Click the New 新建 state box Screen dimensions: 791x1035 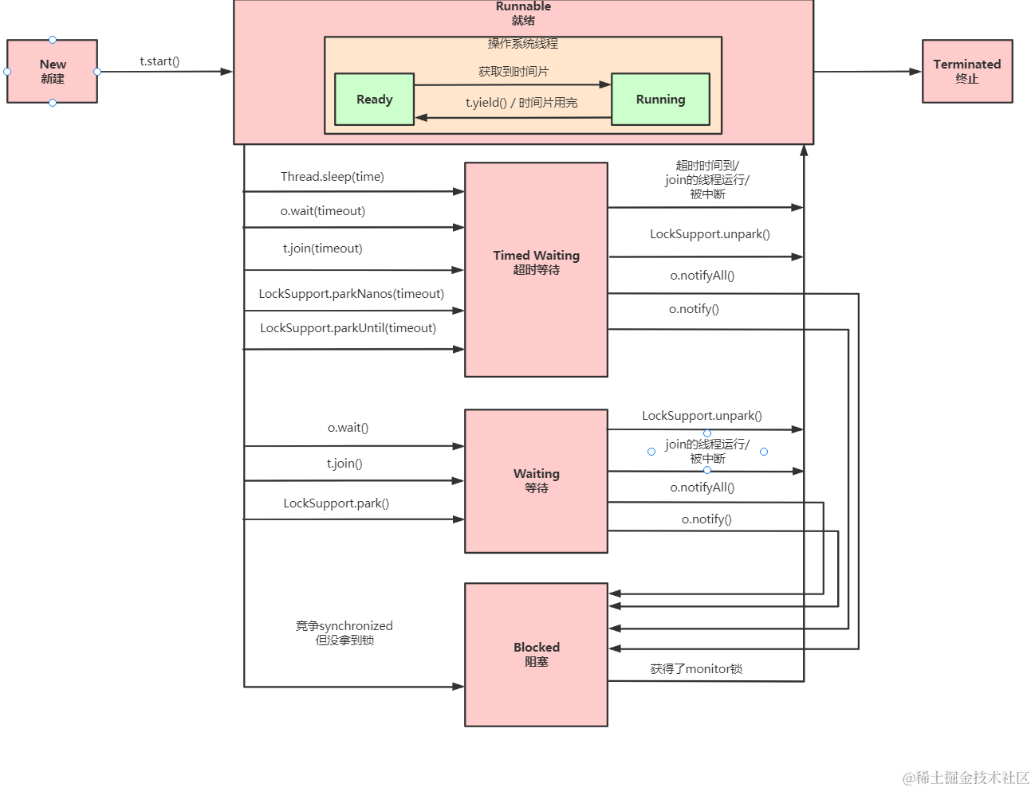(53, 72)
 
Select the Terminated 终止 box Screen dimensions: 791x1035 (966, 72)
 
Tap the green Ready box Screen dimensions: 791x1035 (374, 100)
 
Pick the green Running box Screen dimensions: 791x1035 (660, 100)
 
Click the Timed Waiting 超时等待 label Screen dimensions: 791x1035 (536, 262)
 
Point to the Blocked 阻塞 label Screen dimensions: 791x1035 (536, 654)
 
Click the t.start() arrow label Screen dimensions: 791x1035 (159, 61)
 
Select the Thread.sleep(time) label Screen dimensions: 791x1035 (332, 177)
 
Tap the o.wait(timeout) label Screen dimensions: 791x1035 (322, 211)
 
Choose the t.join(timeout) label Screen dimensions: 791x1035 (322, 249)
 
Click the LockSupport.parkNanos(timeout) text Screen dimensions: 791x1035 (351, 294)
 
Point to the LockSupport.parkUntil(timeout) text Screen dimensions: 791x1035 (348, 328)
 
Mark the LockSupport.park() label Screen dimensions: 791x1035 (336, 503)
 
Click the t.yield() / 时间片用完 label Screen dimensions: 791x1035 (521, 103)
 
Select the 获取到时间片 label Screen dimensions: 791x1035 (514, 72)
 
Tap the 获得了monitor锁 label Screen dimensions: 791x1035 (696, 669)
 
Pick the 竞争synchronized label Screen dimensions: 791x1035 (344, 626)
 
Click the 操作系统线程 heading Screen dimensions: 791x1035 (523, 44)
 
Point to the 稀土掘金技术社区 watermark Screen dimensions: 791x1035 (966, 777)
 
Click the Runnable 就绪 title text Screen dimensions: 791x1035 (523, 14)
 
